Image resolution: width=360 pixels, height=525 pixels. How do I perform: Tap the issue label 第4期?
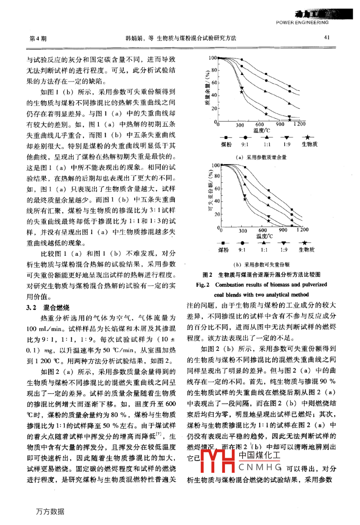(38, 39)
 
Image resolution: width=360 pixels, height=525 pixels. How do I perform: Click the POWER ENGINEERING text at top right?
(302, 23)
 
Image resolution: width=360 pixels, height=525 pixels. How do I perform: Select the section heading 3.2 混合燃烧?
(48, 308)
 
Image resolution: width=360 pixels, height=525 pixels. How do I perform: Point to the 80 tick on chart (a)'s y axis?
(214, 71)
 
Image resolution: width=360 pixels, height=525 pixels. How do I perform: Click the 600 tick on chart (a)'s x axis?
(260, 124)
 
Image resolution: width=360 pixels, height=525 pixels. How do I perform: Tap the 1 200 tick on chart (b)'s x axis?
(302, 230)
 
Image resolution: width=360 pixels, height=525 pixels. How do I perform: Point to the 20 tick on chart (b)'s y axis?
(217, 214)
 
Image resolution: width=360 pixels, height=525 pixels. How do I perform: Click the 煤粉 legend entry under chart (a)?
(226, 145)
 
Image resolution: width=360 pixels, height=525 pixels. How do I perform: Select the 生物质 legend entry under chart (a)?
(309, 145)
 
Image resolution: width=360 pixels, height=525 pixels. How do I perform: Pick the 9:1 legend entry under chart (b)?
(242, 250)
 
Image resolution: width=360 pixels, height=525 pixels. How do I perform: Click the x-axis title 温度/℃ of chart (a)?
(262, 130)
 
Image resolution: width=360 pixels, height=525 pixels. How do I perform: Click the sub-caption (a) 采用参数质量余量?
(261, 157)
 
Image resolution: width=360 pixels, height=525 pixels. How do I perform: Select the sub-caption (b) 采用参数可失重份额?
(261, 264)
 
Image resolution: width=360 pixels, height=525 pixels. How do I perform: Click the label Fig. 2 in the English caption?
(203, 285)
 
